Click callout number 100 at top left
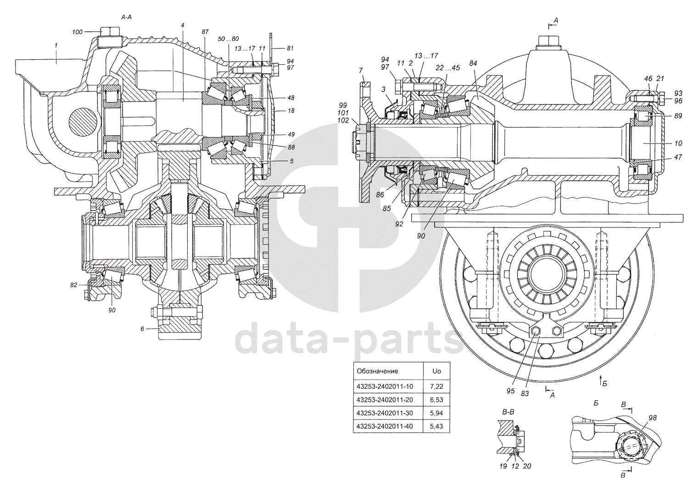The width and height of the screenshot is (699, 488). pyautogui.click(x=77, y=32)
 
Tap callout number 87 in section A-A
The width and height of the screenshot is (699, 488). pyautogui.click(x=205, y=32)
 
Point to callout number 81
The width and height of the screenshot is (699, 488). pyautogui.click(x=291, y=48)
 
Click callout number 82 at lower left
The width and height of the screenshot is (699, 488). pyautogui.click(x=74, y=285)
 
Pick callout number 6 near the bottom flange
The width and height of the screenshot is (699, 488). pyautogui.click(x=142, y=328)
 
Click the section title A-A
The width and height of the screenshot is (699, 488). pyautogui.click(x=127, y=17)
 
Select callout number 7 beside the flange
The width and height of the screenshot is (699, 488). pyautogui.click(x=361, y=70)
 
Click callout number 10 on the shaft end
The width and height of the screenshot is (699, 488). pyautogui.click(x=678, y=143)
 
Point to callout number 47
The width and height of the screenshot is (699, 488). pyautogui.click(x=678, y=157)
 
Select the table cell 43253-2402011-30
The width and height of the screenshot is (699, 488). pyautogui.click(x=385, y=413)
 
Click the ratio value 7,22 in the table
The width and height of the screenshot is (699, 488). pyautogui.click(x=436, y=386)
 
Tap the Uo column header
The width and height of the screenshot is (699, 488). pyautogui.click(x=436, y=371)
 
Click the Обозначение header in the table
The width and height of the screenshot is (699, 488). pyautogui.click(x=377, y=371)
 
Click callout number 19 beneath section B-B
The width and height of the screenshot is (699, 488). pyautogui.click(x=503, y=466)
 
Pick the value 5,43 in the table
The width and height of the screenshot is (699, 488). pyautogui.click(x=436, y=427)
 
